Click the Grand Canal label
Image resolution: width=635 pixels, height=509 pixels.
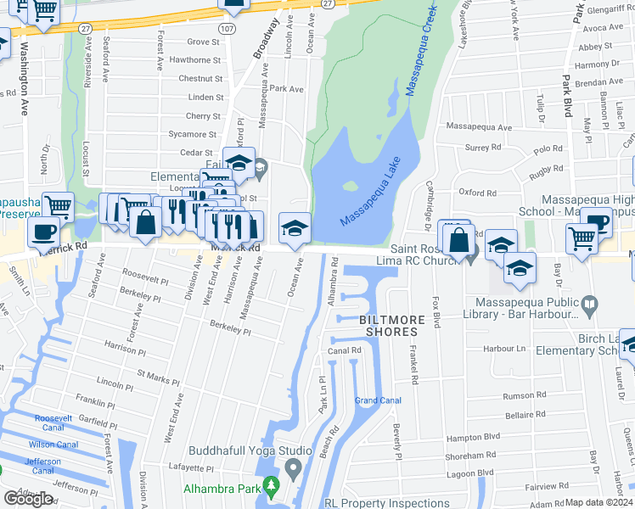(377, 400)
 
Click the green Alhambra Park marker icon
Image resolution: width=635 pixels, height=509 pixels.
(272, 488)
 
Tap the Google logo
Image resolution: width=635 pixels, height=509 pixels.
(28, 499)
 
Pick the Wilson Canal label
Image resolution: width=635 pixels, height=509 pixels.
(53, 445)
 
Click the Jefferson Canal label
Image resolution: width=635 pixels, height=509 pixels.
(42, 466)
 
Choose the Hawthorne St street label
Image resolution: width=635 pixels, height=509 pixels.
(194, 60)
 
